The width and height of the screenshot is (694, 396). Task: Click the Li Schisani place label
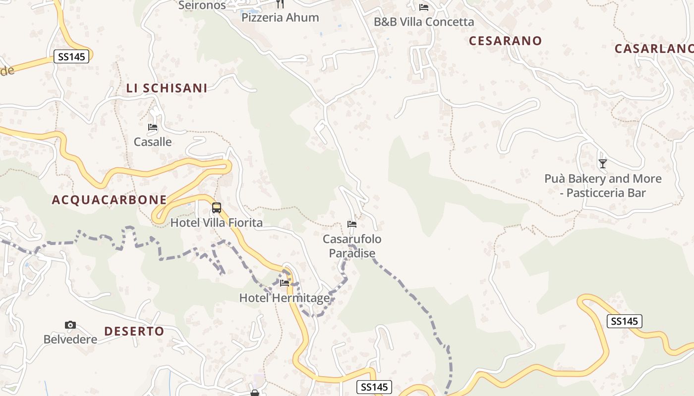[x=167, y=88]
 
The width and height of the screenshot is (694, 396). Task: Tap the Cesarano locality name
[x=505, y=41]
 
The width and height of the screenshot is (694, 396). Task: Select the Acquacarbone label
[x=109, y=199]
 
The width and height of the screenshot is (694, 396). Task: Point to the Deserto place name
[x=134, y=331]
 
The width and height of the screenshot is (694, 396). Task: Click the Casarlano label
[x=653, y=49]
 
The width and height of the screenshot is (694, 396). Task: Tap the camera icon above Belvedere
[x=70, y=325]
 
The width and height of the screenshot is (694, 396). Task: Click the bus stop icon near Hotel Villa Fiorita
[x=216, y=208]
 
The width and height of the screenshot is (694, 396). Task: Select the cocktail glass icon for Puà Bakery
[x=602, y=163]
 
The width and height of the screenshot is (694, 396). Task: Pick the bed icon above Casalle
[x=153, y=127]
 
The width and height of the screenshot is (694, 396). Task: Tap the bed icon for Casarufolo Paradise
[x=352, y=224]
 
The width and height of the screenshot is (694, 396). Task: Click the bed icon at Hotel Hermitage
[x=285, y=283]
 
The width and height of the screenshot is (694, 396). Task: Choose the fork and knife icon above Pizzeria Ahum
[x=280, y=4]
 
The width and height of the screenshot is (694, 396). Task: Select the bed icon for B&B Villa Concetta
[x=424, y=7]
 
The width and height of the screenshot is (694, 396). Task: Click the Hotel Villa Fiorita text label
[x=216, y=223]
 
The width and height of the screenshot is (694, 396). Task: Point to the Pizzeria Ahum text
[x=280, y=18]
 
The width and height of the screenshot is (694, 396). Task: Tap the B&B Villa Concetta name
[x=424, y=22]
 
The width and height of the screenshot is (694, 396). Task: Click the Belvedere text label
[x=70, y=340]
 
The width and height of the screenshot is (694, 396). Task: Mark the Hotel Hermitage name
[x=284, y=298]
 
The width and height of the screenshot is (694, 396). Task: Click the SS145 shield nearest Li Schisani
[x=71, y=56]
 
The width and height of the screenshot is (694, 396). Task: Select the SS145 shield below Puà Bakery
[x=624, y=321]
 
